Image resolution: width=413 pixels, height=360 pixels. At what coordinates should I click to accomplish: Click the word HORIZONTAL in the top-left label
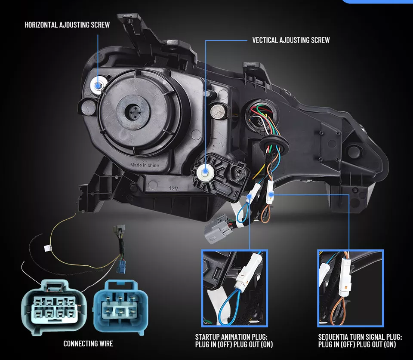(x=41, y=25)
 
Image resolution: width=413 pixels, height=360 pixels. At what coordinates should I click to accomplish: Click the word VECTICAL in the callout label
(x=265, y=40)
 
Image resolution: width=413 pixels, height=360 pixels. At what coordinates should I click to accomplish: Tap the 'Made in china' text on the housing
(x=145, y=165)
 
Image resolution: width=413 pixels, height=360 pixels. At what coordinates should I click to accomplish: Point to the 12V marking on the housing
(x=173, y=188)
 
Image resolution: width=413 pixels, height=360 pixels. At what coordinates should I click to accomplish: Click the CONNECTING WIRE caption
(x=88, y=343)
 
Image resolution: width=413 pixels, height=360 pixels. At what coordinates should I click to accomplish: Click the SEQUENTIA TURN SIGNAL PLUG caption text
(x=360, y=341)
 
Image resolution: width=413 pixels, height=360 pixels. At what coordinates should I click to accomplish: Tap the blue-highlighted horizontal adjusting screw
(x=98, y=85)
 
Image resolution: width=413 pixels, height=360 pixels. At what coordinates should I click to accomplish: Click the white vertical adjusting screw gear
(x=205, y=172)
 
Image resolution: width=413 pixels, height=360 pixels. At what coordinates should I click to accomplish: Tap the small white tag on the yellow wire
(x=47, y=248)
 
